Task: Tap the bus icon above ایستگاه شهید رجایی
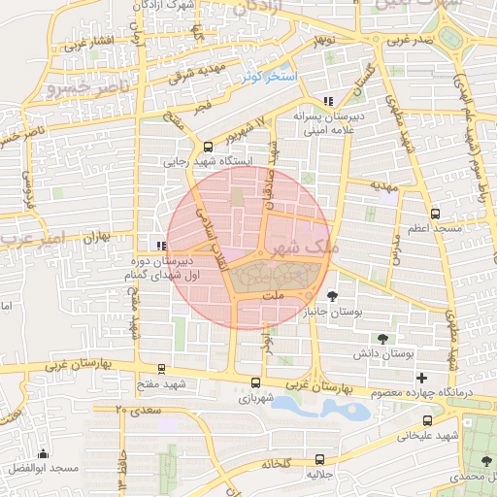tap(208, 147)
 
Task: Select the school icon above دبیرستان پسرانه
tap(328, 101)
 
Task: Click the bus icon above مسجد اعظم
tap(434, 213)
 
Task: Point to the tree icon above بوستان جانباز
tap(334, 296)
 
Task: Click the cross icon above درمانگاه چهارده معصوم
tap(420, 378)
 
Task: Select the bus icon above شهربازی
tap(255, 382)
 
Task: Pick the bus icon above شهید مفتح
tap(160, 369)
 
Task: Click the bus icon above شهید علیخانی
tap(426, 420)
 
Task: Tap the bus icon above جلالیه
tap(320, 459)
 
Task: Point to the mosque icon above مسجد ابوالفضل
tap(42, 453)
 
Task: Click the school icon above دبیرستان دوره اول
tap(160, 246)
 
